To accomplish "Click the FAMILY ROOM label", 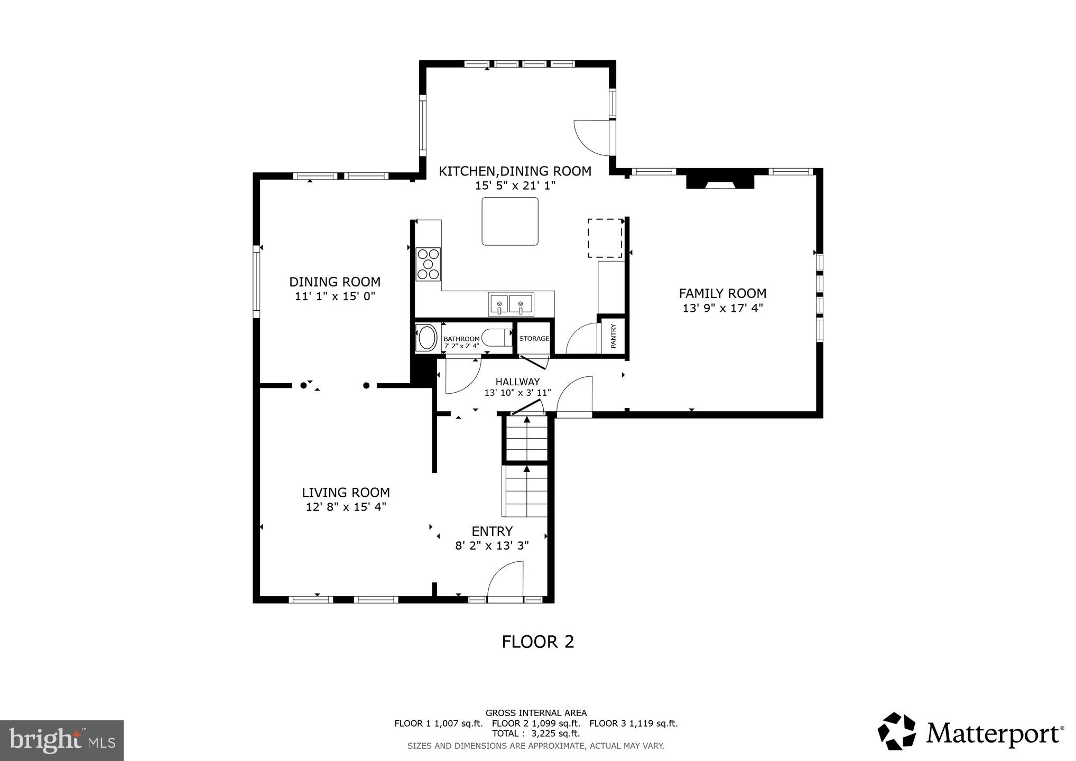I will pyautogui.click(x=722, y=293).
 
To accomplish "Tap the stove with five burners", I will pyautogui.click(x=428, y=264).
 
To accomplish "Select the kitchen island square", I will pyautogui.click(x=510, y=221).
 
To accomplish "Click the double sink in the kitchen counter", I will pyautogui.click(x=511, y=304).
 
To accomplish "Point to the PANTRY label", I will pyautogui.click(x=614, y=336).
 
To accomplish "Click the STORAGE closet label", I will pyautogui.click(x=534, y=339).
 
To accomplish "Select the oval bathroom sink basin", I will pyautogui.click(x=426, y=338).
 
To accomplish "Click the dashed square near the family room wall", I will pyautogui.click(x=605, y=238).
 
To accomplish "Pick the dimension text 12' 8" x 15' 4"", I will pyautogui.click(x=346, y=507).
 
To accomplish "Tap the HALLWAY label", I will pyautogui.click(x=517, y=382).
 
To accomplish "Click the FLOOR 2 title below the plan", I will pyautogui.click(x=537, y=642).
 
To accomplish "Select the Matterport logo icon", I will pyautogui.click(x=897, y=731).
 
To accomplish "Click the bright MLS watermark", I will pyautogui.click(x=62, y=740).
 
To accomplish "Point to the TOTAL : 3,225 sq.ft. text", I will pyautogui.click(x=536, y=734).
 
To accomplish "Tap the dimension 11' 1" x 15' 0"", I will pyautogui.click(x=335, y=296).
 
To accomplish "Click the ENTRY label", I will pyautogui.click(x=492, y=531).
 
